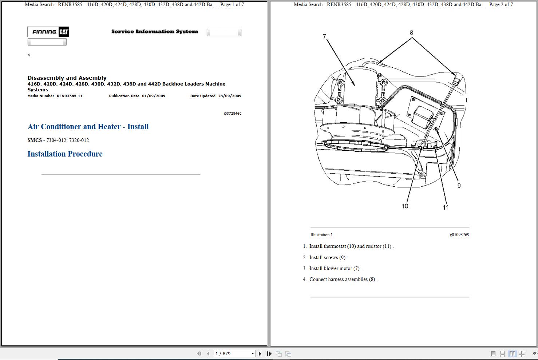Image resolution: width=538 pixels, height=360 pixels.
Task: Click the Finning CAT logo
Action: (x=48, y=32)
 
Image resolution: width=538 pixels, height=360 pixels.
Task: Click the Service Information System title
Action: (x=155, y=32)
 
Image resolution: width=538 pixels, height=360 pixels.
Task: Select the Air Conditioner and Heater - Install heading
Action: (x=88, y=127)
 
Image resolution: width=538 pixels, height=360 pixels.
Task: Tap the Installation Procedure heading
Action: (x=65, y=154)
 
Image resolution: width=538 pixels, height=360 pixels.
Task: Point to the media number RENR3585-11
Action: (x=55, y=96)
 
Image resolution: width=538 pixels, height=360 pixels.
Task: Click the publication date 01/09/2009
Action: (x=137, y=96)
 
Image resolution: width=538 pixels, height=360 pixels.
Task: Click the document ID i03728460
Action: (x=232, y=114)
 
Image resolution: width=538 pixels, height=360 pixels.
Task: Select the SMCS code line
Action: (x=58, y=140)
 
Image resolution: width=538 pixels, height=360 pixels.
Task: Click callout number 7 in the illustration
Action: (x=324, y=36)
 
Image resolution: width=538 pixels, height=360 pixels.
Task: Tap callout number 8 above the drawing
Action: (x=411, y=32)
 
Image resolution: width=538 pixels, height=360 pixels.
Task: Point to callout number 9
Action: (x=459, y=186)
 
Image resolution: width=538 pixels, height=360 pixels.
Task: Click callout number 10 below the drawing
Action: (x=405, y=206)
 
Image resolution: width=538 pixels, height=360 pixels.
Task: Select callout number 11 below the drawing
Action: (x=446, y=207)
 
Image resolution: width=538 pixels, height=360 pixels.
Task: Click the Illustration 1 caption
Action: (x=321, y=235)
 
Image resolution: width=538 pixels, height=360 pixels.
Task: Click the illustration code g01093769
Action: (x=459, y=235)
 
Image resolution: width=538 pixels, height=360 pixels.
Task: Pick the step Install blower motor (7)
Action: (x=335, y=269)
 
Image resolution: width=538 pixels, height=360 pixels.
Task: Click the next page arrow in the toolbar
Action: (x=260, y=353)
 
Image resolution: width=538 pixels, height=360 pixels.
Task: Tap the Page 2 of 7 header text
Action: (x=501, y=5)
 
